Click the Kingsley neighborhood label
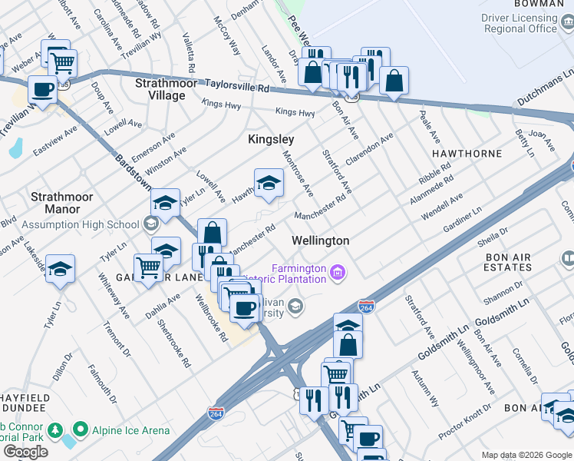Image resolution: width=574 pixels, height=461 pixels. [x=271, y=139]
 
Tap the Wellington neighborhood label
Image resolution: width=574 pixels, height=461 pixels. [x=320, y=240]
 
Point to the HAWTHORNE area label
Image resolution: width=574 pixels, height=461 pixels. [x=467, y=154]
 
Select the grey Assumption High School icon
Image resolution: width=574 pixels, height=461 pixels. [x=150, y=224]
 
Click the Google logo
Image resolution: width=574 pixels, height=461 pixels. [x=25, y=452]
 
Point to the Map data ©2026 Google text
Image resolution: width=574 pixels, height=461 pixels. [x=526, y=455]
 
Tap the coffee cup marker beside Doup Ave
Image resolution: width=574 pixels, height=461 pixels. [x=43, y=89]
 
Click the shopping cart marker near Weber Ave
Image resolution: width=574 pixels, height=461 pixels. [x=62, y=61]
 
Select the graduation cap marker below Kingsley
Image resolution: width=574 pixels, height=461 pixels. [x=269, y=183]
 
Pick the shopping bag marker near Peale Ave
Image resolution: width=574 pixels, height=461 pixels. [x=394, y=80]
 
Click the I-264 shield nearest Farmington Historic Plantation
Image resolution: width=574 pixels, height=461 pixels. [x=366, y=307]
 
